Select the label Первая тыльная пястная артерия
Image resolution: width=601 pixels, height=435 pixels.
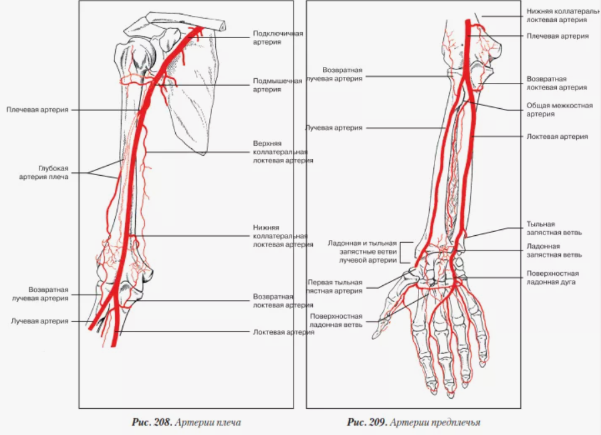coord(336,286)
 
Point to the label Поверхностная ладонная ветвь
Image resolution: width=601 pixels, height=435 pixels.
coord(336,320)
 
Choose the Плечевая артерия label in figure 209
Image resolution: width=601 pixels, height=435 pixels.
coord(558,36)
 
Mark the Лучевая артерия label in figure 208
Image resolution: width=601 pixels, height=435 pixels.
coord(39,321)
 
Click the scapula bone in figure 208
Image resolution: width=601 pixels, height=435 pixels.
coord(194,100)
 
